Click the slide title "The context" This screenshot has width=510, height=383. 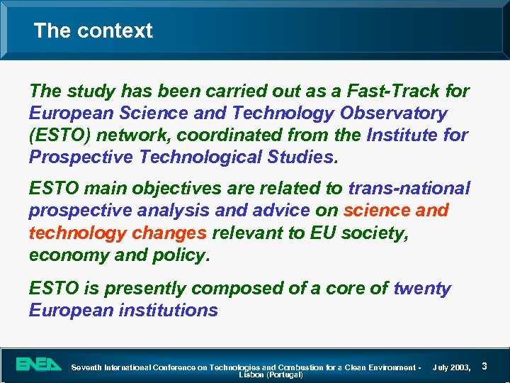93,30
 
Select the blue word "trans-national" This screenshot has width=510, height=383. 409,189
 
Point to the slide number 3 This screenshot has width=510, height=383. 484,366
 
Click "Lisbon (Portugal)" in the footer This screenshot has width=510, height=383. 271,374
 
